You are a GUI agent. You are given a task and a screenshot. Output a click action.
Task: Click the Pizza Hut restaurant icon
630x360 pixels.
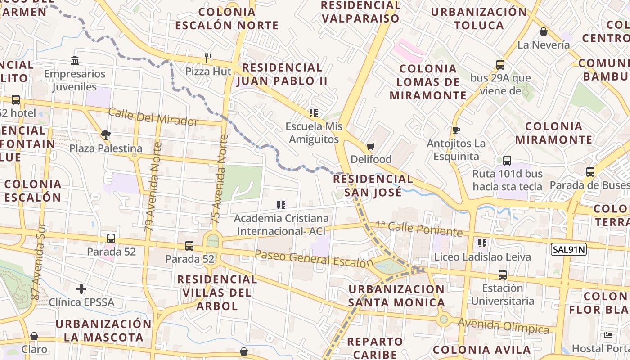point(208,58)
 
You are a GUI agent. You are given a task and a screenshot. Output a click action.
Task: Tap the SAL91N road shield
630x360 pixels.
point(569,249)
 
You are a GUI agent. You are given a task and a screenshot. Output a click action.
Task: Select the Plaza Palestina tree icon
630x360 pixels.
point(106,135)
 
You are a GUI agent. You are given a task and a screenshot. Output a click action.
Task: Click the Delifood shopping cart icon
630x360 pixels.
point(370,146)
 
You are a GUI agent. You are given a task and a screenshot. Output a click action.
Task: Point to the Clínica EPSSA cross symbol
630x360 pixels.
point(81,288)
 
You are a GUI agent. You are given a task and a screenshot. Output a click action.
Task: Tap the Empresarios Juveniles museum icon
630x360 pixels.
point(75,60)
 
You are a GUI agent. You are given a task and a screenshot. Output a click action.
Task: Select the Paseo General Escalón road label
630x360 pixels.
point(314,258)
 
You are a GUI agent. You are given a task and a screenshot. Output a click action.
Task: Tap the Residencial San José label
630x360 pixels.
point(373,185)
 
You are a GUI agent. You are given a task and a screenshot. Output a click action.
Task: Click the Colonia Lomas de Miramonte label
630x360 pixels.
point(428,82)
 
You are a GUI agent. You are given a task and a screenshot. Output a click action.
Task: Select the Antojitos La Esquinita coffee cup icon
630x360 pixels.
point(456,130)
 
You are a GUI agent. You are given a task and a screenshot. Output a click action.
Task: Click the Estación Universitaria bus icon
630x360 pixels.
point(502,274)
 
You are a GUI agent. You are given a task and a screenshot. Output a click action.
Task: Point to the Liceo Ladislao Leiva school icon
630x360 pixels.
point(482,243)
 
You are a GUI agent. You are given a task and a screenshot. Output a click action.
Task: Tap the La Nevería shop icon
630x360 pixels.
point(544,31)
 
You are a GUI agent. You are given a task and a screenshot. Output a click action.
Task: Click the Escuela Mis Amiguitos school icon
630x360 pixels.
point(314,112)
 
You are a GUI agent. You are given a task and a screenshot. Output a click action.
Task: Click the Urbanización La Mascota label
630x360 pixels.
point(103,330)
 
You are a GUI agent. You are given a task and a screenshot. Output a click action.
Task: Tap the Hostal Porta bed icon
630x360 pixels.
point(608,335)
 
